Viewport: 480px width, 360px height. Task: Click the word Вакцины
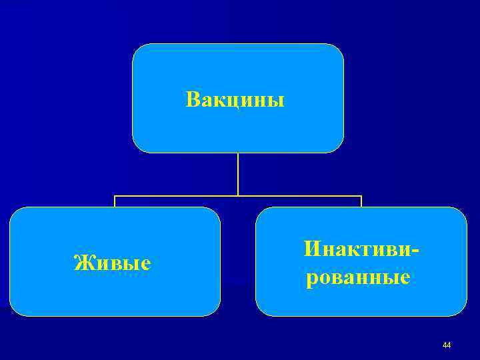235,100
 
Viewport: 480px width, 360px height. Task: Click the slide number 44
447,345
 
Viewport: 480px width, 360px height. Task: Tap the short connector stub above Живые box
115,201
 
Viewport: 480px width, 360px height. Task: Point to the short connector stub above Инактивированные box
361,201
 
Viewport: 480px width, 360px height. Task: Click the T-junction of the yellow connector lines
238,196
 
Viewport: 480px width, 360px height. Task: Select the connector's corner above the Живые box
115,196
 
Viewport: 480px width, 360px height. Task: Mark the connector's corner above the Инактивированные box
361,196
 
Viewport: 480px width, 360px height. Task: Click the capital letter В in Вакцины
192,100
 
